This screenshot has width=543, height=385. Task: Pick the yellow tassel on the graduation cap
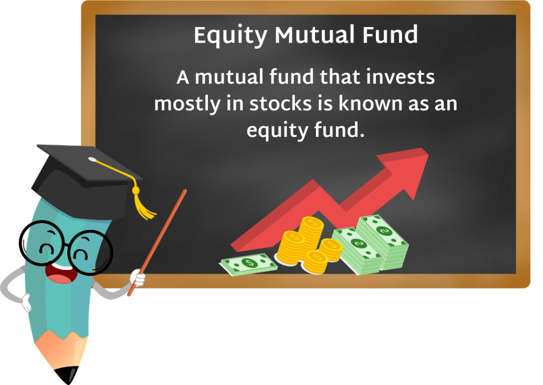coord(143,204)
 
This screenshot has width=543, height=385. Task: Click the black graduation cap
coord(85,170)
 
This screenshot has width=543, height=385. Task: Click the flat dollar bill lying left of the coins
coord(249,263)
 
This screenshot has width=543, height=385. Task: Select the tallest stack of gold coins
coord(310,232)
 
